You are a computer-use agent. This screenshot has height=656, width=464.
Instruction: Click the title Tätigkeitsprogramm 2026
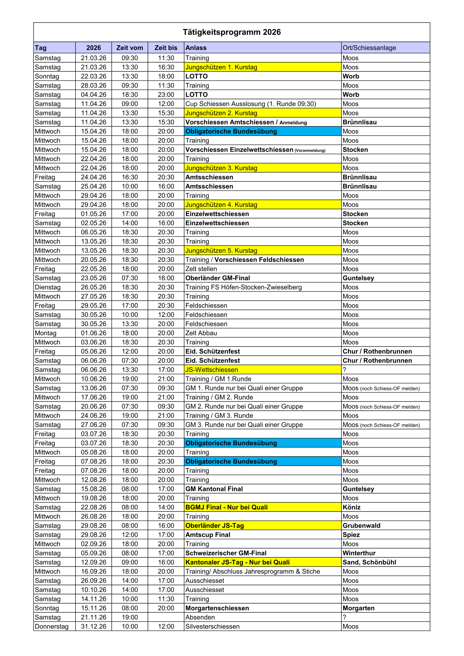[x=232, y=32]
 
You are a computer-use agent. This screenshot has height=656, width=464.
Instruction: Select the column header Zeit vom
[x=129, y=48]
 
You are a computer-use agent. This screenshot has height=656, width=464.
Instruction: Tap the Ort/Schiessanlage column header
[x=369, y=48]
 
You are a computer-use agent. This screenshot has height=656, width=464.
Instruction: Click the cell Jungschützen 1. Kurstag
[x=221, y=67]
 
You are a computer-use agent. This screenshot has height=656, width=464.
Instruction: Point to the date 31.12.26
[x=94, y=626]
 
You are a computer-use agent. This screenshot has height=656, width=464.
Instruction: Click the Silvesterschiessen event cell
[x=213, y=626]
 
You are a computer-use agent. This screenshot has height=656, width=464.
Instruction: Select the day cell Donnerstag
[x=51, y=626]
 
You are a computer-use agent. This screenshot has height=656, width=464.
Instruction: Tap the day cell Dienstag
[x=48, y=287]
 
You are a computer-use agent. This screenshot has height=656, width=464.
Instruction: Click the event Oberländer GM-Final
[x=218, y=278]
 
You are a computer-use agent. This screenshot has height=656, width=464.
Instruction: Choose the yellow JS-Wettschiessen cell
[x=212, y=370]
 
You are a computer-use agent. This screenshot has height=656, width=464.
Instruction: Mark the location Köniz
[x=352, y=507]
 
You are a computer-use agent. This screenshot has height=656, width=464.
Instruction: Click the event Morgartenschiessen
[x=217, y=608]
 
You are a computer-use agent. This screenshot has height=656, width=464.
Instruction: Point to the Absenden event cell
[x=200, y=617]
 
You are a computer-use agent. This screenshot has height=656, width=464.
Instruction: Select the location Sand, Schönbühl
[x=369, y=562]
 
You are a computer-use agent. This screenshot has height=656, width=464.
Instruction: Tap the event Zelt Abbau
[x=201, y=333]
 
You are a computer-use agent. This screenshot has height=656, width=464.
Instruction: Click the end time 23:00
[x=166, y=95]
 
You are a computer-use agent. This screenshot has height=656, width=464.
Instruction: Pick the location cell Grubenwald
[x=361, y=525]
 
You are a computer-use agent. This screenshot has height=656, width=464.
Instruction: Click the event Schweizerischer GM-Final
[x=226, y=553]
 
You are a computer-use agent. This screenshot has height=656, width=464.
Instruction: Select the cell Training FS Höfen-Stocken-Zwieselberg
[x=244, y=287]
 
